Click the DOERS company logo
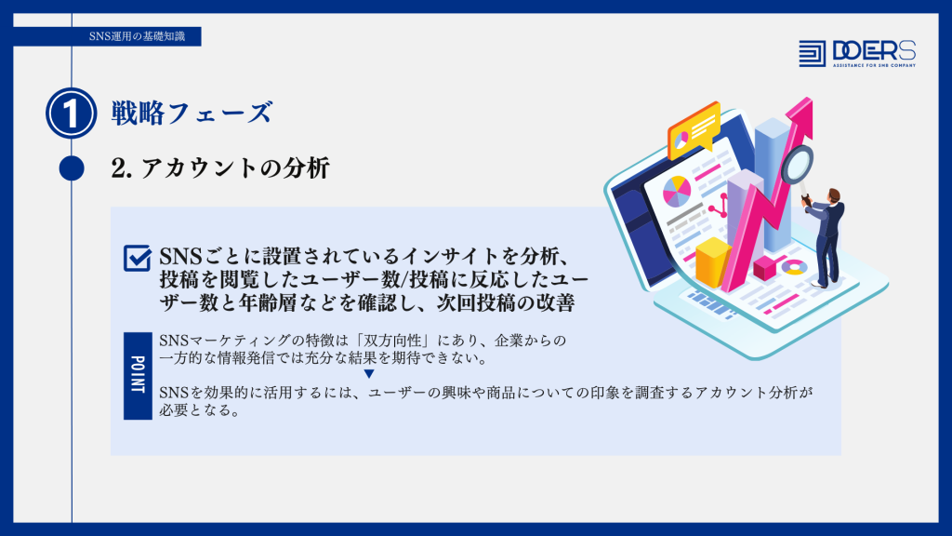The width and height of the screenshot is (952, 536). point(857,53)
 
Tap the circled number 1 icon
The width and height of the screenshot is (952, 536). point(71,113)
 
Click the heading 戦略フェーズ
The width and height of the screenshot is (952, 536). point(192,114)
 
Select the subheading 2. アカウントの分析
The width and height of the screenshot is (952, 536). point(220,168)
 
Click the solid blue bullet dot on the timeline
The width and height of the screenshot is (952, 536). point(72,168)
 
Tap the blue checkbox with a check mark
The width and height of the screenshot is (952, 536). point(138,258)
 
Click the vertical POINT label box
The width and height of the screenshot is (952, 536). point(138,376)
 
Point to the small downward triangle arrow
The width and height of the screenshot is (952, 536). point(369,374)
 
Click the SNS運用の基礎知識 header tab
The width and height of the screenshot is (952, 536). point(138,36)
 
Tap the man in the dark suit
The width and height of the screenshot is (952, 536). point(826,237)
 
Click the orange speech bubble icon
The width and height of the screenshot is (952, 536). point(694,128)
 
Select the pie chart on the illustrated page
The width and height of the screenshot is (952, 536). point(677,191)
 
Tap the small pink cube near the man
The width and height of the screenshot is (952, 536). point(764,268)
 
